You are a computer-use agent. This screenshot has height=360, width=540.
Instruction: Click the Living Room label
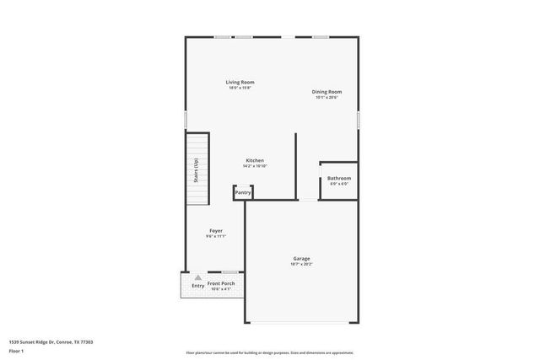coord(240,82)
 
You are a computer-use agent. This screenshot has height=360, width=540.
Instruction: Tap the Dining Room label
coord(327,91)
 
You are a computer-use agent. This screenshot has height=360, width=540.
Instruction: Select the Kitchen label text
coord(255,160)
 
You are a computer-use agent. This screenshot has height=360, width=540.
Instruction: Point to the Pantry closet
coord(243,193)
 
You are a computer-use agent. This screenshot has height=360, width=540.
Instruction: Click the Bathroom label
coord(339,178)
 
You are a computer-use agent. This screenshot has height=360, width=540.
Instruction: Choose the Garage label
coord(301,258)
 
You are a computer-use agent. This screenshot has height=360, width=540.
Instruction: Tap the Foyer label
coord(216,230)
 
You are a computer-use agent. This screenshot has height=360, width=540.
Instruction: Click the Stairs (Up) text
coord(195,170)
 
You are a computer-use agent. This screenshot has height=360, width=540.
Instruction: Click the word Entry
coord(197,286)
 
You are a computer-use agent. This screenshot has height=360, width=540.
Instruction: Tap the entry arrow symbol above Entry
coord(197,277)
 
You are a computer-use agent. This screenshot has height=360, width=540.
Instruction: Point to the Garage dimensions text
coord(301,265)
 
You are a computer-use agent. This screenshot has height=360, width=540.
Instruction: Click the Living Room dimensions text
coord(240,88)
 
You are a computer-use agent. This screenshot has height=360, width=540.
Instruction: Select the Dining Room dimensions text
coord(327,97)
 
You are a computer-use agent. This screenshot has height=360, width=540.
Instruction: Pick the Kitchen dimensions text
coord(255,166)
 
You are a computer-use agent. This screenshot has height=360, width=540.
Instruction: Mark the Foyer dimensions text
coord(216,236)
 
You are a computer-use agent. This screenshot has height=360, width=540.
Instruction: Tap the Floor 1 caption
coord(17,350)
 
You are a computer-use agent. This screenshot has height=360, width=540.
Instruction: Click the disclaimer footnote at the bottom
coord(269,353)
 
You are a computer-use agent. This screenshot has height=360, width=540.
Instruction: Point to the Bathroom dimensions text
coord(339,184)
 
